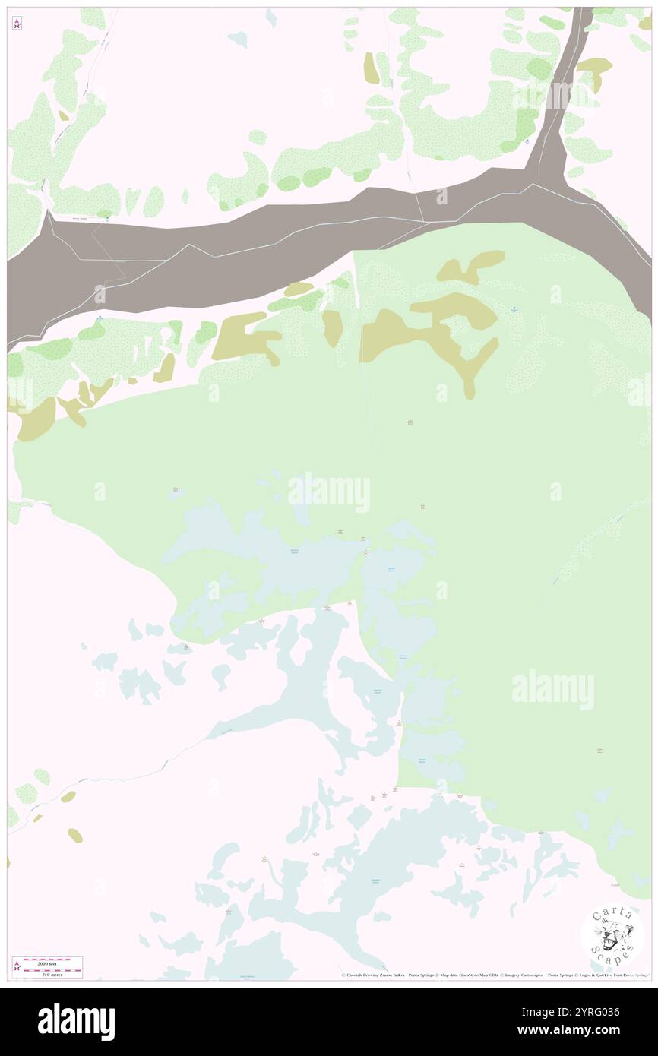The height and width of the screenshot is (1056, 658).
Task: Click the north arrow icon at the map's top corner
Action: tap(17, 24)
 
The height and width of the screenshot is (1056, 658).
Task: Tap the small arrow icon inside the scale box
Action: tap(17, 967)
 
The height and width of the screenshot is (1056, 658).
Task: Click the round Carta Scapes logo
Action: tap(612, 934)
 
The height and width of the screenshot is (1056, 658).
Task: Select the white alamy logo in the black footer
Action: tap(76, 1021)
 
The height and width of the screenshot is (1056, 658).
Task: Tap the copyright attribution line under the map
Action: tap(494, 975)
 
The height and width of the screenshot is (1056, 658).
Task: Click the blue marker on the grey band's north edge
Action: tap(108, 217)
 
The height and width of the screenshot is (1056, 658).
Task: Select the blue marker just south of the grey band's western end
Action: tap(100, 318)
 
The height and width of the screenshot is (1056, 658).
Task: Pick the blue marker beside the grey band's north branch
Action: tap(527, 141)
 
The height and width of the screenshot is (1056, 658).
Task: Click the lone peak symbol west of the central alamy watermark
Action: tap(176, 489)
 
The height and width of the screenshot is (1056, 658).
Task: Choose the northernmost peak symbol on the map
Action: tap(410, 422)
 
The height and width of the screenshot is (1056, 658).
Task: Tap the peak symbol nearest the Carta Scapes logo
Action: tap(615, 885)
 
